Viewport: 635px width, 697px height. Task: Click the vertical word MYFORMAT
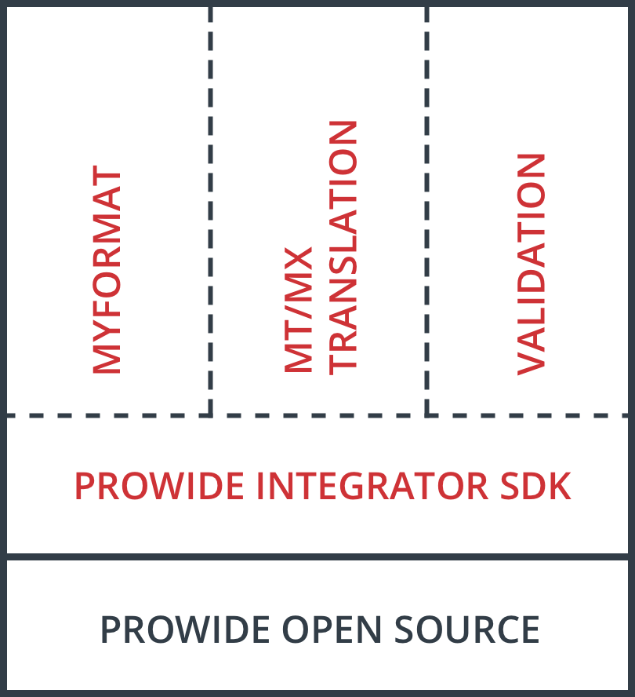point(107,272)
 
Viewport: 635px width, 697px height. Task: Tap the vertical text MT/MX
point(298,309)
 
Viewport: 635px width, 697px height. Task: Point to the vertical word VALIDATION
point(531,264)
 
